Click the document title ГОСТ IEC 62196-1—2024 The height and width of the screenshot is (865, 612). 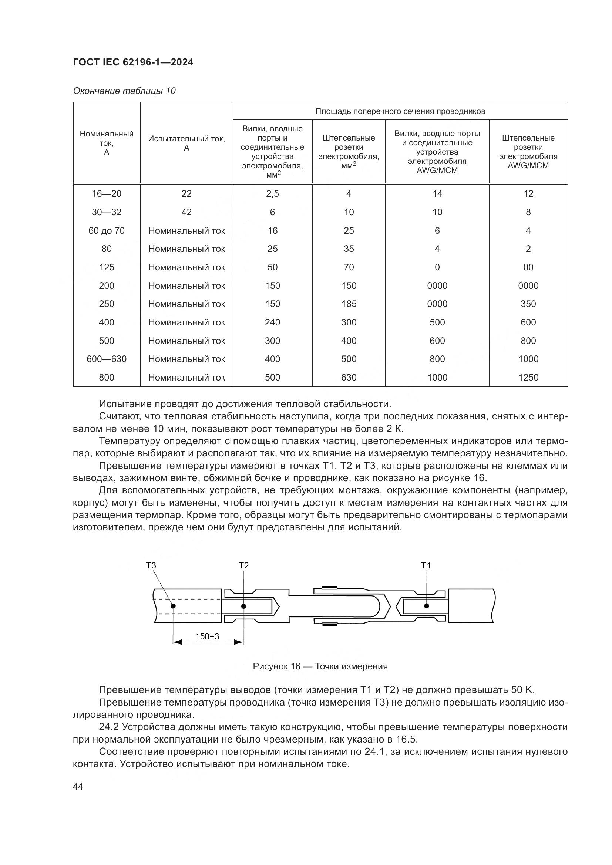tap(133, 62)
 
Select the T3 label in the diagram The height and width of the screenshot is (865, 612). tap(151, 565)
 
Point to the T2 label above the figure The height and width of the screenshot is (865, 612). tap(244, 565)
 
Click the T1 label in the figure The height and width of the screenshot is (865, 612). tap(426, 565)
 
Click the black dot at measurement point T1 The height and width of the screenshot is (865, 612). tap(427, 606)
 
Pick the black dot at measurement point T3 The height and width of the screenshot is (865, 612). tap(173, 606)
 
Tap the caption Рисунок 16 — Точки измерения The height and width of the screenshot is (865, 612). tap(320, 666)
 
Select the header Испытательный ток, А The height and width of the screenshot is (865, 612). tap(186, 143)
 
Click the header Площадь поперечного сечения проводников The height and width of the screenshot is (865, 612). tap(400, 111)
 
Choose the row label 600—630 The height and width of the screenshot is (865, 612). tap(107, 359)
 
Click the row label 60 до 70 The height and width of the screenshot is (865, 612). tap(107, 230)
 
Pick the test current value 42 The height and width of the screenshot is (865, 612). tap(186, 212)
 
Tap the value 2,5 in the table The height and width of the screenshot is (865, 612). tap(272, 194)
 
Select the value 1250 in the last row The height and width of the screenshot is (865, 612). tap(528, 378)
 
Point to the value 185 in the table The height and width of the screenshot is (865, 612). tap(349, 304)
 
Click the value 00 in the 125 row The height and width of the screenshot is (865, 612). tap(528, 267)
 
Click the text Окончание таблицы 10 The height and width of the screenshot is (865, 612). tap(124, 91)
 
